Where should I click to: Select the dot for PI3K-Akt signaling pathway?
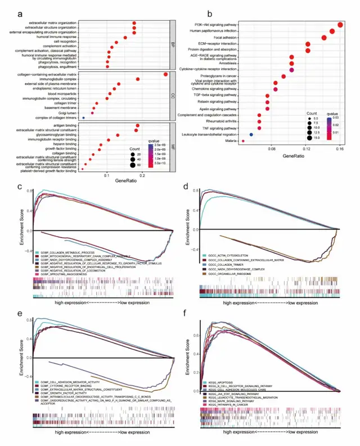click(341, 25)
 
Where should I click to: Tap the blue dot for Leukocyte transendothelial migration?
click(251, 135)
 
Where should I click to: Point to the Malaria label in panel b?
click(230, 141)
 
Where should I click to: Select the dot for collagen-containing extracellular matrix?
click(165, 74)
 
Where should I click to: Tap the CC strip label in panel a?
click(173, 96)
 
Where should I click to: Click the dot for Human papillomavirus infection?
click(332, 32)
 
